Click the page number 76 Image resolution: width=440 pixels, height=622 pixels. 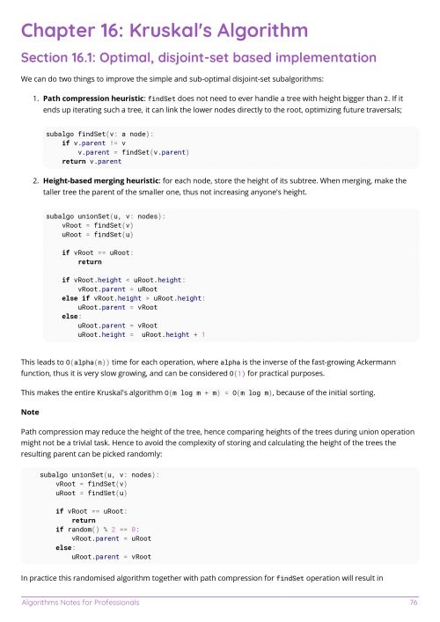[x=413, y=603]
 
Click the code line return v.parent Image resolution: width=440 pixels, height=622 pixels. [x=92, y=162]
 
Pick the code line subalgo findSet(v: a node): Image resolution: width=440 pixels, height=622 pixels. [x=99, y=133]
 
